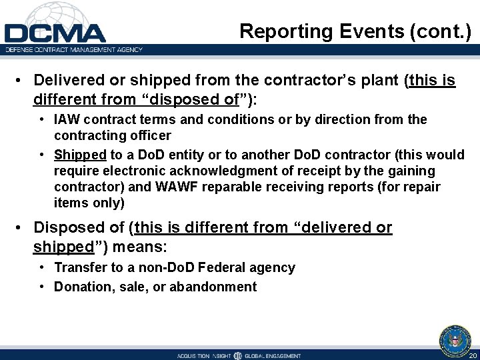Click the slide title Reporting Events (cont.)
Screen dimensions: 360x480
pyautogui.click(x=355, y=31)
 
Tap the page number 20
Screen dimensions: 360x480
pyautogui.click(x=472, y=355)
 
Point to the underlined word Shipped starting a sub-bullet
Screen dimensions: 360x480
pyautogui.click(x=80, y=155)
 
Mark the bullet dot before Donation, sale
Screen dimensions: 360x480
pyautogui.click(x=42, y=287)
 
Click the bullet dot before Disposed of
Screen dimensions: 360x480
pyautogui.click(x=21, y=228)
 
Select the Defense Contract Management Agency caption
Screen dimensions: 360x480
pyautogui.click(x=74, y=49)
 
